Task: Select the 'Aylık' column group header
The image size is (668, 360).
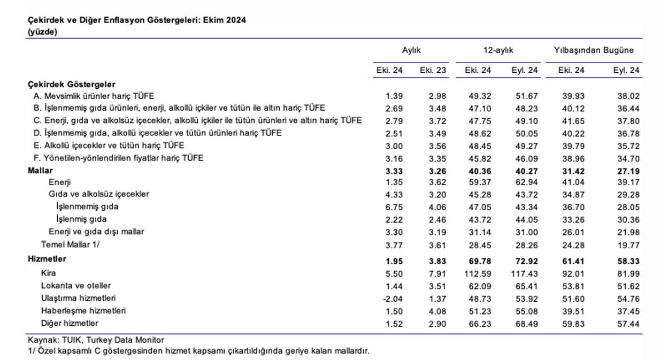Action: click(411, 50)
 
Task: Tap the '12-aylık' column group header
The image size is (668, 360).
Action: click(498, 50)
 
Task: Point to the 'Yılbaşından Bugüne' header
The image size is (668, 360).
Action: click(594, 50)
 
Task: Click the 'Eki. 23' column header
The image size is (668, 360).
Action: click(433, 71)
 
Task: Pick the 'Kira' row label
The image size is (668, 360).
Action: click(48, 273)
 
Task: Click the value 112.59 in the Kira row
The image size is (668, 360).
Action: click(478, 274)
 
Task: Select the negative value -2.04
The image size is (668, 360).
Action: click(393, 299)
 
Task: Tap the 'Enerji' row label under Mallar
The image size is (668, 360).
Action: click(60, 182)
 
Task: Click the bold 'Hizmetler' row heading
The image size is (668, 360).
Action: click(47, 259)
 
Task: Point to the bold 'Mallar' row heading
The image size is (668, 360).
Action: click(40, 171)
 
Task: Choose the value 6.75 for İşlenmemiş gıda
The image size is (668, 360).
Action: click(394, 208)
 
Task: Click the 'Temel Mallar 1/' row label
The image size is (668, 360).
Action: click(71, 245)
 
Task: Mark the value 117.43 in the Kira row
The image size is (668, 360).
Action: click(525, 274)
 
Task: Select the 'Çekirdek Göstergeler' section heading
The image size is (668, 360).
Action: click(72, 85)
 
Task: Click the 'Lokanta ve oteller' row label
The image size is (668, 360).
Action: click(76, 286)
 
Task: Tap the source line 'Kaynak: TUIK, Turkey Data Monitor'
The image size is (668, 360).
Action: click(96, 340)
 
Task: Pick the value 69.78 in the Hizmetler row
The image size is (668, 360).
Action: click(480, 262)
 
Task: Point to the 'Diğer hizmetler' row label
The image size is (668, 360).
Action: click(70, 324)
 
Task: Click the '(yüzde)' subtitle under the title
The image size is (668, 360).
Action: click(42, 32)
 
